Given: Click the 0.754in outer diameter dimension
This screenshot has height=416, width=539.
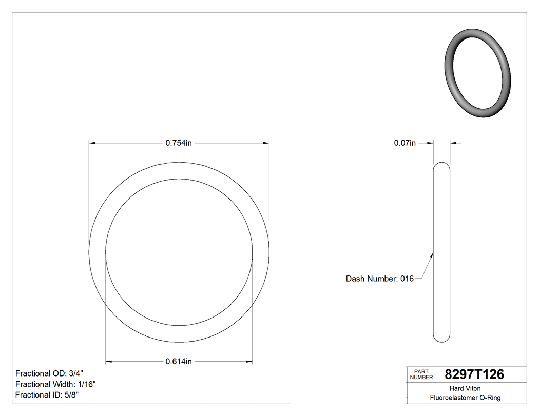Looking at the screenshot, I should pyautogui.click(x=179, y=143).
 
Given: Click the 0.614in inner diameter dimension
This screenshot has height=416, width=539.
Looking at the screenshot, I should pyautogui.click(x=179, y=362).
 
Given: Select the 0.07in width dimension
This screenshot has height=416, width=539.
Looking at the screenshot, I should pyautogui.click(x=405, y=143).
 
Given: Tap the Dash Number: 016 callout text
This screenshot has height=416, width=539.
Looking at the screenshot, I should pyautogui.click(x=379, y=279).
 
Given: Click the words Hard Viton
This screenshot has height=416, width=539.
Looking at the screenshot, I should pyautogui.click(x=465, y=388).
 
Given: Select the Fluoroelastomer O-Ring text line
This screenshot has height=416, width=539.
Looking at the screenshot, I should pyautogui.click(x=465, y=398).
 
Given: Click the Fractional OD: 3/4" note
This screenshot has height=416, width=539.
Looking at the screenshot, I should pyautogui.click(x=49, y=373).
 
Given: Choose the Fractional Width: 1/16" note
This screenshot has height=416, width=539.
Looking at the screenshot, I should pyautogui.click(x=55, y=384).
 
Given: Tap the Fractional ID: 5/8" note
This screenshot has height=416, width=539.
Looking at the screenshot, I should pyautogui.click(x=47, y=395).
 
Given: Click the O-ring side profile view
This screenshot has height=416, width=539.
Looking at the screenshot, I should pyautogui.click(x=441, y=251).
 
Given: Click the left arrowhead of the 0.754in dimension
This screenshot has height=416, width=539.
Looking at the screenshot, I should pyautogui.click(x=92, y=143).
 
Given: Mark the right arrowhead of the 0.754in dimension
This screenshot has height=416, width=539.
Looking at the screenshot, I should pyautogui.click(x=266, y=143).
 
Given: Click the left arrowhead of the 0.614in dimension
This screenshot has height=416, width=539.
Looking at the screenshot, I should pyautogui.click(x=109, y=362).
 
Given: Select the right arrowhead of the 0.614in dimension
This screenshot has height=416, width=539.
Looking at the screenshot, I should pyautogui.click(x=249, y=362).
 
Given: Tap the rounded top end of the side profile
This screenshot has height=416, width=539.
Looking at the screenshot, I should pyautogui.click(x=441, y=165).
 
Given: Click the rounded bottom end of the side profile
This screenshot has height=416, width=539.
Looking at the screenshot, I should pyautogui.click(x=441, y=339).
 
